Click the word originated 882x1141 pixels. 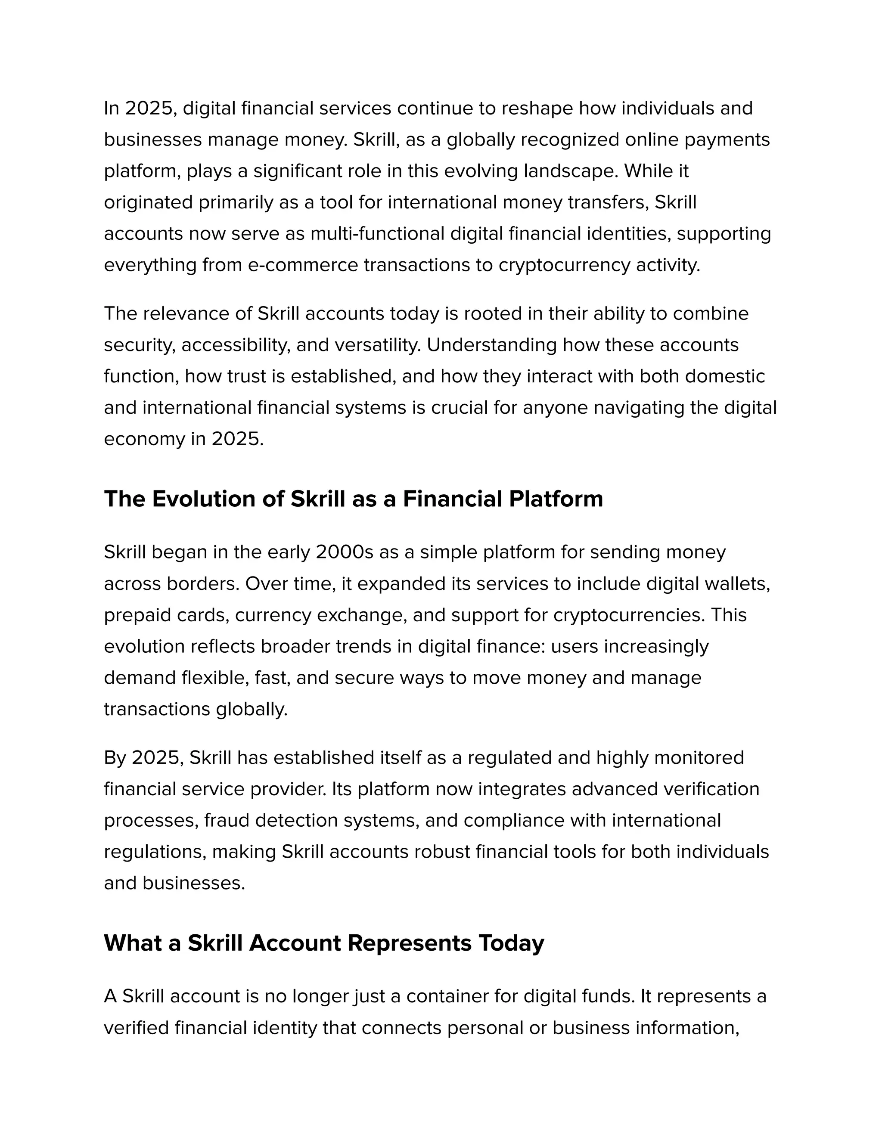(x=148, y=202)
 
